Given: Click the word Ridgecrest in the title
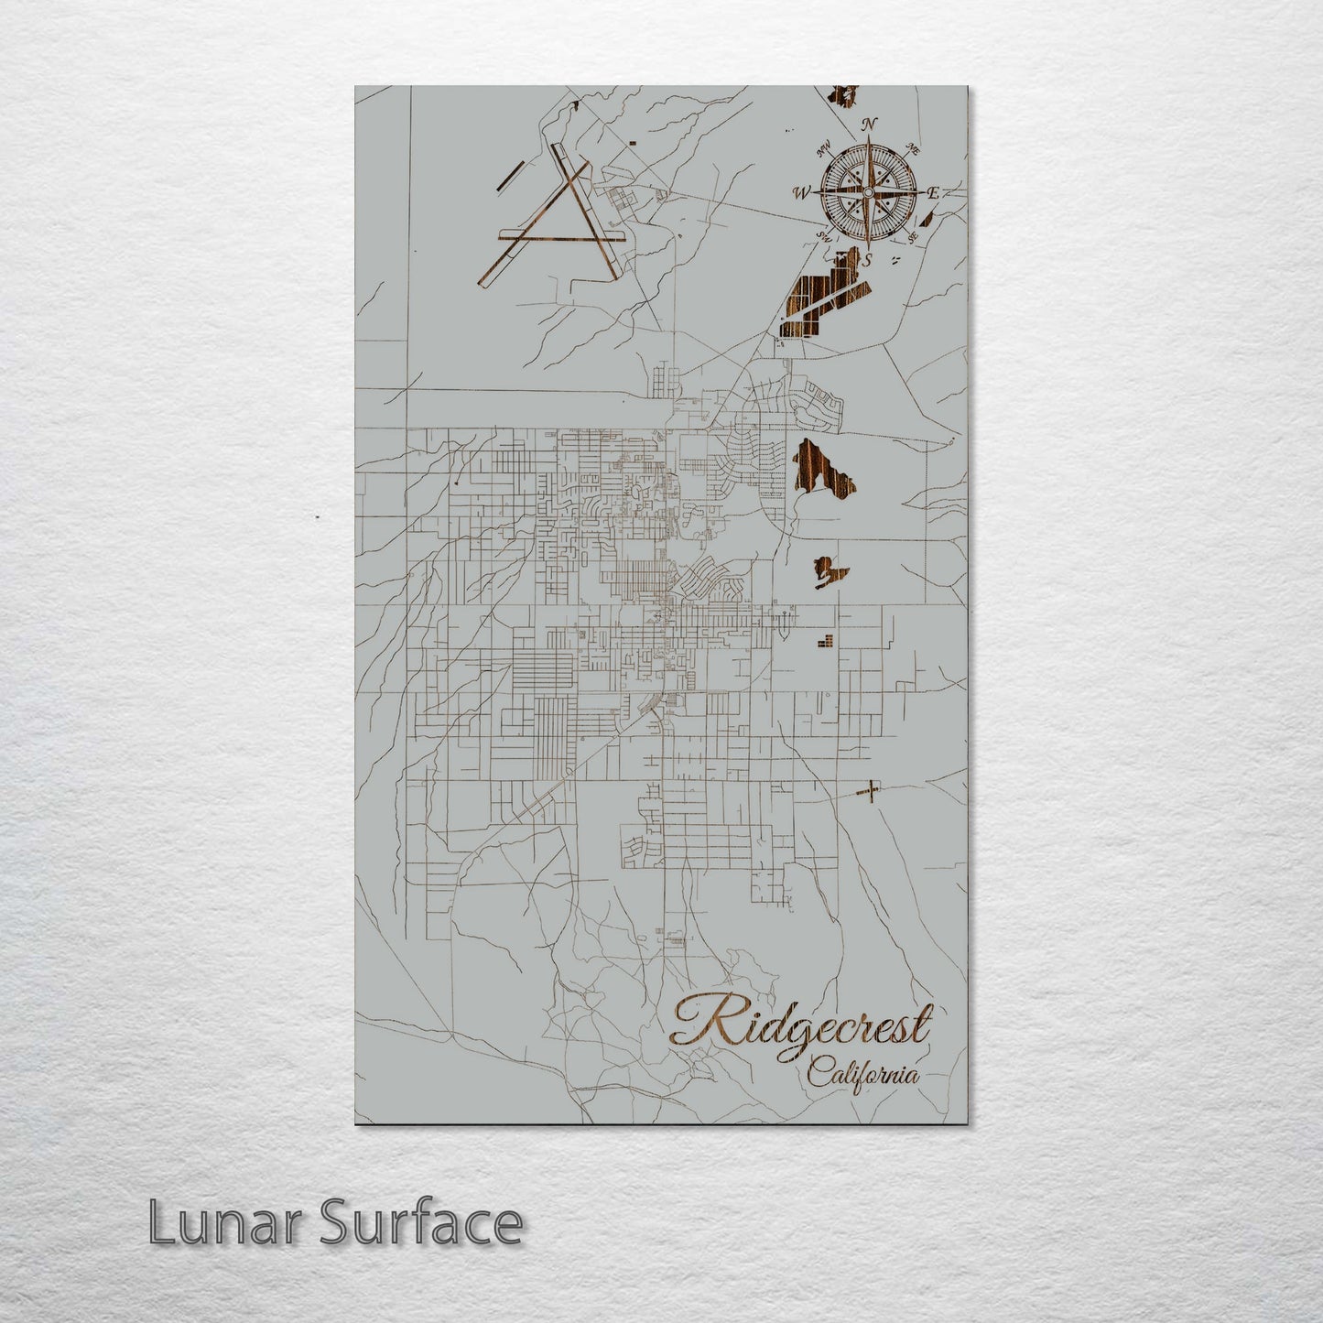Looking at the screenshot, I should coord(801,1025).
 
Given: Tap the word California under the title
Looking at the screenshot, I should coord(863,1073).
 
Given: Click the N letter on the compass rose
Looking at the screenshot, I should coord(871,125).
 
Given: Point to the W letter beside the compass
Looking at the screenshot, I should coord(802,193).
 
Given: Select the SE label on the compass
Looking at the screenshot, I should coord(912,237).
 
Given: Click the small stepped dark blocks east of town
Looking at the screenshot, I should coord(826,640).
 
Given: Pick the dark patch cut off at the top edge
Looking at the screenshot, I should coord(846,93).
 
